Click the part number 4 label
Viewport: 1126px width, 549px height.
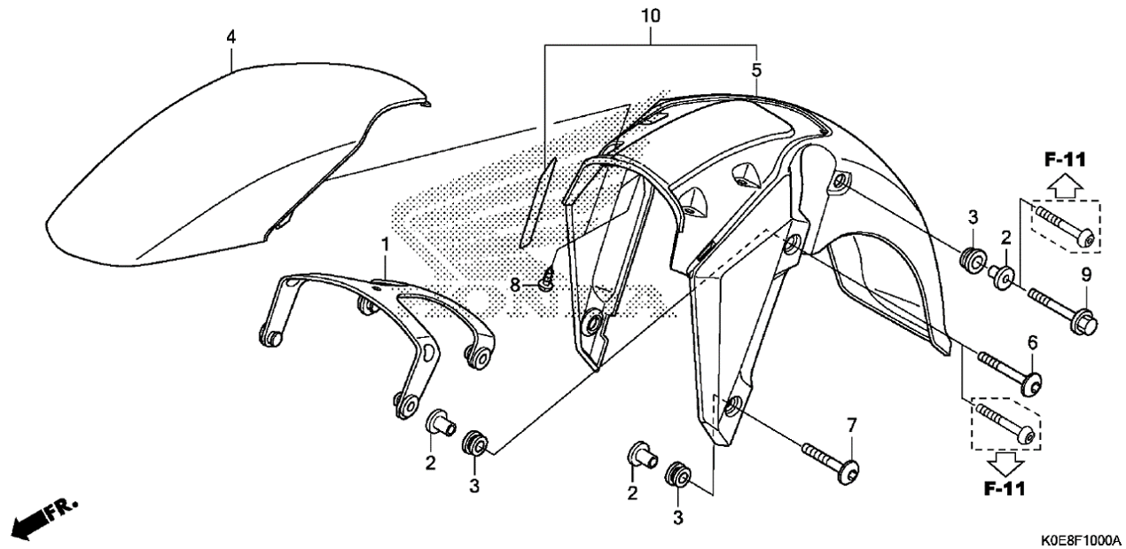(231, 37)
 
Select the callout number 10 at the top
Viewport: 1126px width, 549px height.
(652, 17)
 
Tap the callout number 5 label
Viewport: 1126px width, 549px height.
(756, 69)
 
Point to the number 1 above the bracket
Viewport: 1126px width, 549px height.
(385, 242)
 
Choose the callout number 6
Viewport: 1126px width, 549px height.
(1032, 342)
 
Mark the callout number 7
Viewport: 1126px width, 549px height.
(851, 427)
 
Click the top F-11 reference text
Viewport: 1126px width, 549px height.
(1064, 160)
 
